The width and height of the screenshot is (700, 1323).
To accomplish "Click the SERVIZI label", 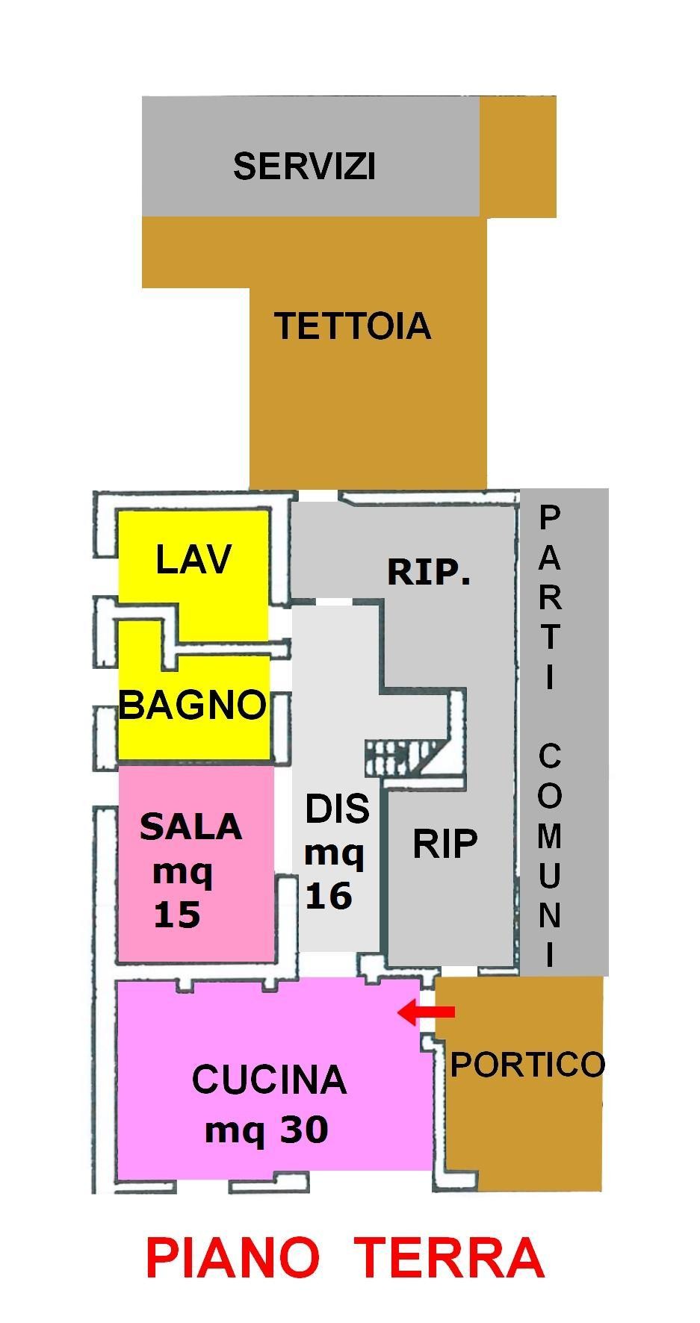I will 304,166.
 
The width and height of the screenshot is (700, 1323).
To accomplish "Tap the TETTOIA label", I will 353,326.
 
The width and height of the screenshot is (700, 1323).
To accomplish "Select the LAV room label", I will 193,559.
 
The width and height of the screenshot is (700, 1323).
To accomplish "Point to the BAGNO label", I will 193,704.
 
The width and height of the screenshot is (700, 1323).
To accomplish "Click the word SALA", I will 191,827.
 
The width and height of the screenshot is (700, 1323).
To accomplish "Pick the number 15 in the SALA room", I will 177,914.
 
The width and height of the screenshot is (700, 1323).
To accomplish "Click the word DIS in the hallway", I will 337,809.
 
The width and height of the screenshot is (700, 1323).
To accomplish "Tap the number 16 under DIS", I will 329,895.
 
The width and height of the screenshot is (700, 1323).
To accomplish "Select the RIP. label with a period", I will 429,573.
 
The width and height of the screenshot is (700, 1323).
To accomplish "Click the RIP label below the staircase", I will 445,844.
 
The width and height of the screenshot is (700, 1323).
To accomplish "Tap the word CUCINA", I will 269,1080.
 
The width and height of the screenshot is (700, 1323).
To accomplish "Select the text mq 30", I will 267,1129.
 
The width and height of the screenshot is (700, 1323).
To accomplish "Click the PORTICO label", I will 527,1064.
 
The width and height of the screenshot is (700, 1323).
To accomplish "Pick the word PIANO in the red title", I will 232,1257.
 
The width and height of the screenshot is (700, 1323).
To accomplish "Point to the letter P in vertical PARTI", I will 550,516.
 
